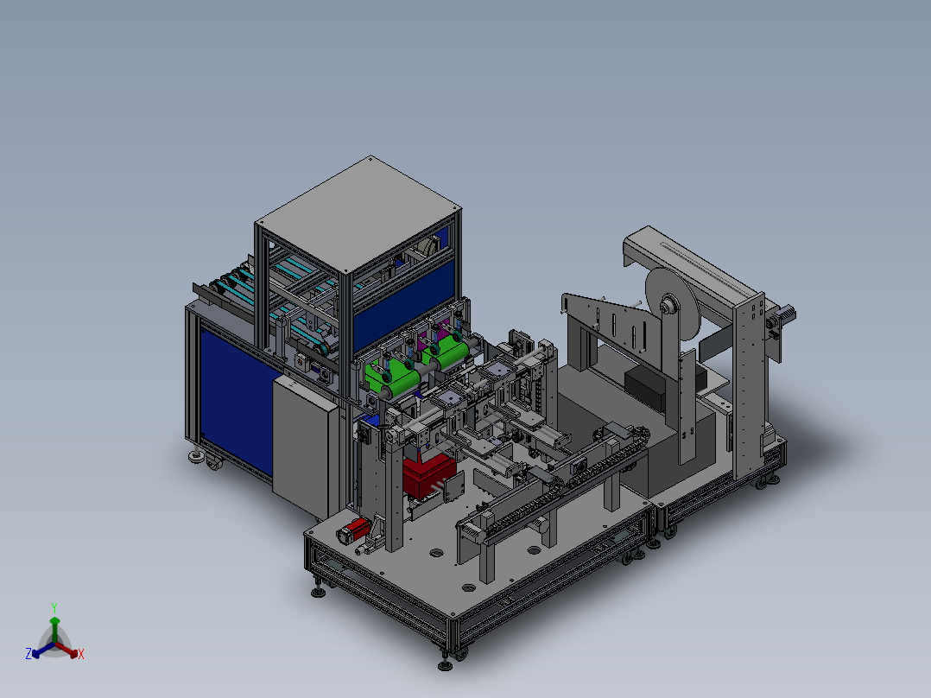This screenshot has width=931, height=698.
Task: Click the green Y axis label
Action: [x=54, y=607]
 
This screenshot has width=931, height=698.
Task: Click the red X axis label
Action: [x=81, y=654]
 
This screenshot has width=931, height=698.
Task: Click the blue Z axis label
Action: [x=28, y=654]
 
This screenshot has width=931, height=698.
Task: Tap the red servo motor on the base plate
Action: [x=354, y=530]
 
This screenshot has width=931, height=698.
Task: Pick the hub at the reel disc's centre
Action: [x=668, y=307]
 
